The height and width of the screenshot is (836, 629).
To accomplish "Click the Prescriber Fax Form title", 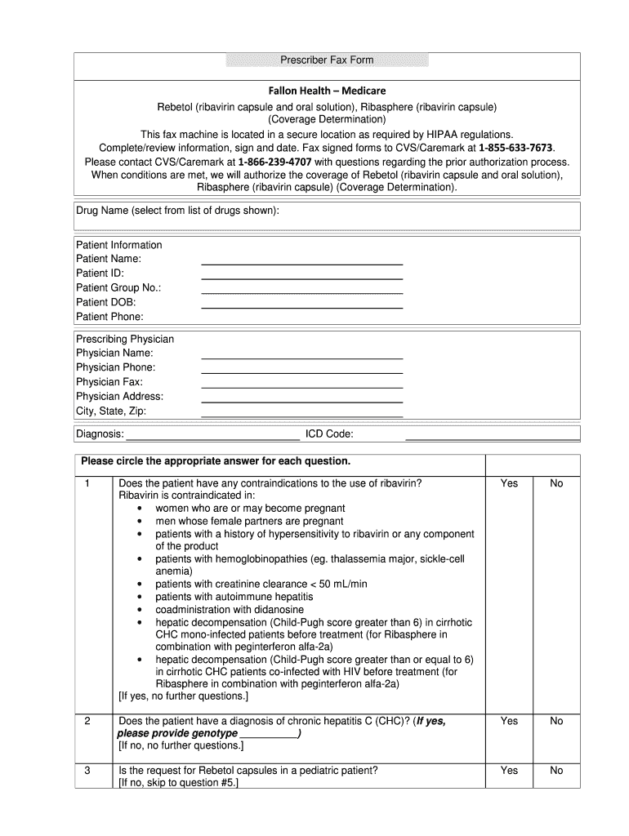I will pos(327,60).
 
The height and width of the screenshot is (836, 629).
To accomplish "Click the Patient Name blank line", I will pos(301,263).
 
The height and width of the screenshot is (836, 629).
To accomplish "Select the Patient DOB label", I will pos(105,302).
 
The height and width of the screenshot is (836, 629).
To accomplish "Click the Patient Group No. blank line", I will pos(301,291).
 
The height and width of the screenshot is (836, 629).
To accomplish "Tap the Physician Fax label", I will pos(109,382).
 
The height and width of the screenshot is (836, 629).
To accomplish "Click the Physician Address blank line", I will pos(301,400).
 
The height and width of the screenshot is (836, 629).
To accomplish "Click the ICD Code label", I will pos(329,434).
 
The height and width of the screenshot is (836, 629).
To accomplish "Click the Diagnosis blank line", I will pos(212,437).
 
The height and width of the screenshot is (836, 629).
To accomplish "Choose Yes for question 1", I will pos(509,483).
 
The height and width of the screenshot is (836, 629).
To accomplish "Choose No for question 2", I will pos(556,721).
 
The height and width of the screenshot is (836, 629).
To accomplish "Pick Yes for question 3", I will pos(509,770).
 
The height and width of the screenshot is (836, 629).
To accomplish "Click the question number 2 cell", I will pos(87,721).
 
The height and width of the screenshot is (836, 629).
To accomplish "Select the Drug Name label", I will pos(177,211).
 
